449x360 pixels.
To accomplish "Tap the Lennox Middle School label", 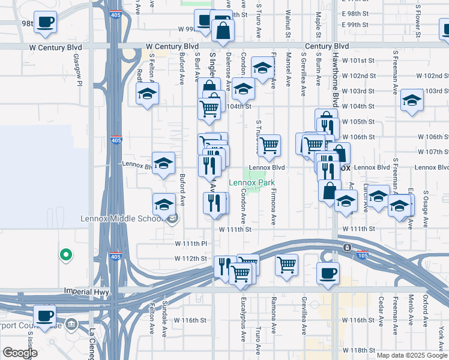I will pyautogui.click(x=121, y=218).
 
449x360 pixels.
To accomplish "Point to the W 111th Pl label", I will pyautogui.click(x=190, y=244).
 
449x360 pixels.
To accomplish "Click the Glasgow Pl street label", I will pyautogui.click(x=77, y=70).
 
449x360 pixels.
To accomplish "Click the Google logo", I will pyautogui.click(x=19, y=353).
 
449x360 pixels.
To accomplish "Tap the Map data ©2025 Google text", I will pyautogui.click(x=412, y=355).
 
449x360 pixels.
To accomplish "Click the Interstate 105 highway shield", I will pyautogui.click(x=363, y=254).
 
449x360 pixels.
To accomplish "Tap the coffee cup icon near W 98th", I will pyautogui.click(x=44, y=23).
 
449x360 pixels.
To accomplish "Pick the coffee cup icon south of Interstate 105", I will pyautogui.click(x=328, y=274).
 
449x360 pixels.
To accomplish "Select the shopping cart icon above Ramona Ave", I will pyautogui.click(x=287, y=264).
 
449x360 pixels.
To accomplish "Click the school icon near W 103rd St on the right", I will pyautogui.click(x=412, y=100).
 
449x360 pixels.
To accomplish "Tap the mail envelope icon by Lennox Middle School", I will pyautogui.click(x=172, y=218).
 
